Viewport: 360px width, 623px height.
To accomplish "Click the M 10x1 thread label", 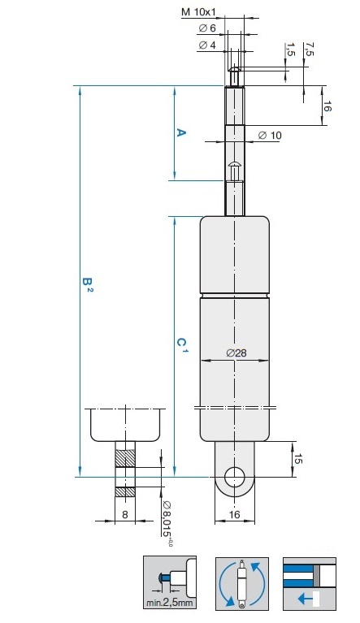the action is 198,12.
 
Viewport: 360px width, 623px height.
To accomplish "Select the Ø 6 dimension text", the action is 206,28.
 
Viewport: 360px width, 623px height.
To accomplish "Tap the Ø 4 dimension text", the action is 206,45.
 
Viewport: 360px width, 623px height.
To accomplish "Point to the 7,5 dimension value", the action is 308,49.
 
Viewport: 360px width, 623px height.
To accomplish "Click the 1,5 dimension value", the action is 290,50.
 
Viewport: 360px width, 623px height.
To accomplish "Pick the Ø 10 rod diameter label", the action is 270,136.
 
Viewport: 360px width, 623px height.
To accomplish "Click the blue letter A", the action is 180,132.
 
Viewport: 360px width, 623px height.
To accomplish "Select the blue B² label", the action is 88,284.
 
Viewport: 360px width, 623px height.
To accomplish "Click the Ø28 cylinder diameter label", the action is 236,353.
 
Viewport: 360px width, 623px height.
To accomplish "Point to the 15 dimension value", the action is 298,459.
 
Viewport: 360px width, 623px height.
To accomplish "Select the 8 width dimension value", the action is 125,514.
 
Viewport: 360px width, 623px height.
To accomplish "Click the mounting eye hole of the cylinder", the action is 234,477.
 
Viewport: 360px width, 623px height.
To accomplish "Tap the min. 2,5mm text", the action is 170,603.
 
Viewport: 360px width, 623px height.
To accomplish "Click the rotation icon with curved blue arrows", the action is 242,583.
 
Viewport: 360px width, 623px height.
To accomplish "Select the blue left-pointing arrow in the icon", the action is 306,598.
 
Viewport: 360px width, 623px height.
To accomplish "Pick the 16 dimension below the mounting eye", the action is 235,514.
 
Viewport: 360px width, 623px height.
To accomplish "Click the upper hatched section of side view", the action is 125,458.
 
